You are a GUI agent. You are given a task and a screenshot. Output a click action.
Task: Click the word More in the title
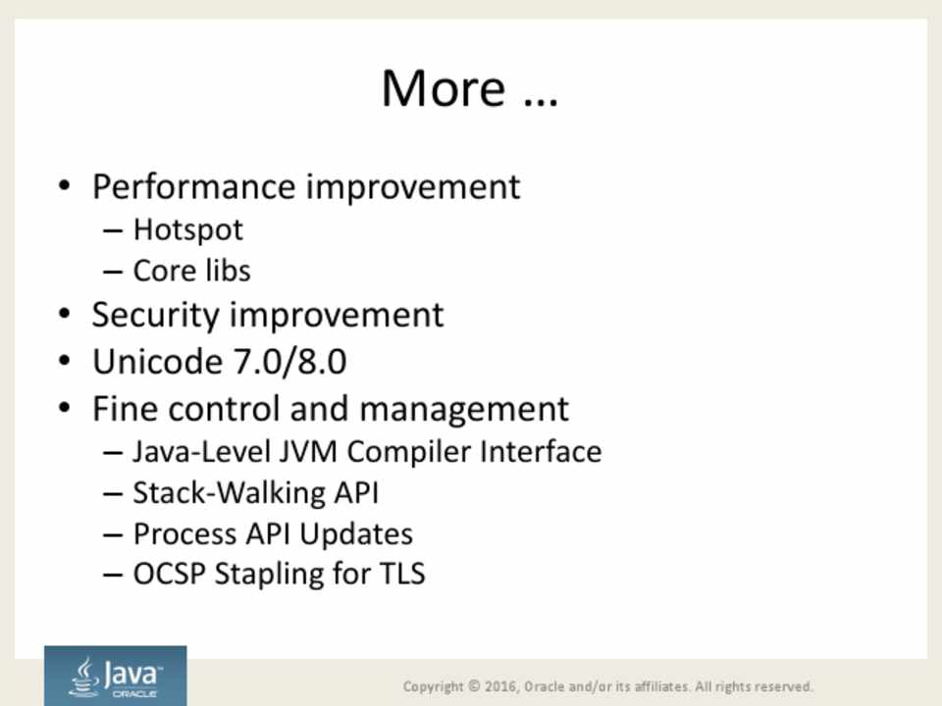click(x=444, y=88)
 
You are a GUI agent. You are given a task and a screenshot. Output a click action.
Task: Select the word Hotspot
click(x=188, y=229)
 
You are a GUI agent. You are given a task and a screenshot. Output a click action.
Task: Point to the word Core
click(x=160, y=271)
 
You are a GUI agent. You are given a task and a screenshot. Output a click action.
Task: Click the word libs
click(x=227, y=271)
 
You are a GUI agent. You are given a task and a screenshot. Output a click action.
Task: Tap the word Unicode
click(x=157, y=362)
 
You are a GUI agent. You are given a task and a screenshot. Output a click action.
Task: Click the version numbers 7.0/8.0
click(x=289, y=362)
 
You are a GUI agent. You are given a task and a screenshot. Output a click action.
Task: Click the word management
click(x=464, y=410)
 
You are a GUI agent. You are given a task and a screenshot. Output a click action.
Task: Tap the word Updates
click(x=356, y=534)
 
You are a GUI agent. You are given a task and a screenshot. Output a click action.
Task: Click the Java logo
click(x=116, y=676)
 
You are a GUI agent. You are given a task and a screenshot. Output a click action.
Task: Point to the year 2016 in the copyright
click(x=501, y=686)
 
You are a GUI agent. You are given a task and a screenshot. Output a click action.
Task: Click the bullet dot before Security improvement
click(x=65, y=314)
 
